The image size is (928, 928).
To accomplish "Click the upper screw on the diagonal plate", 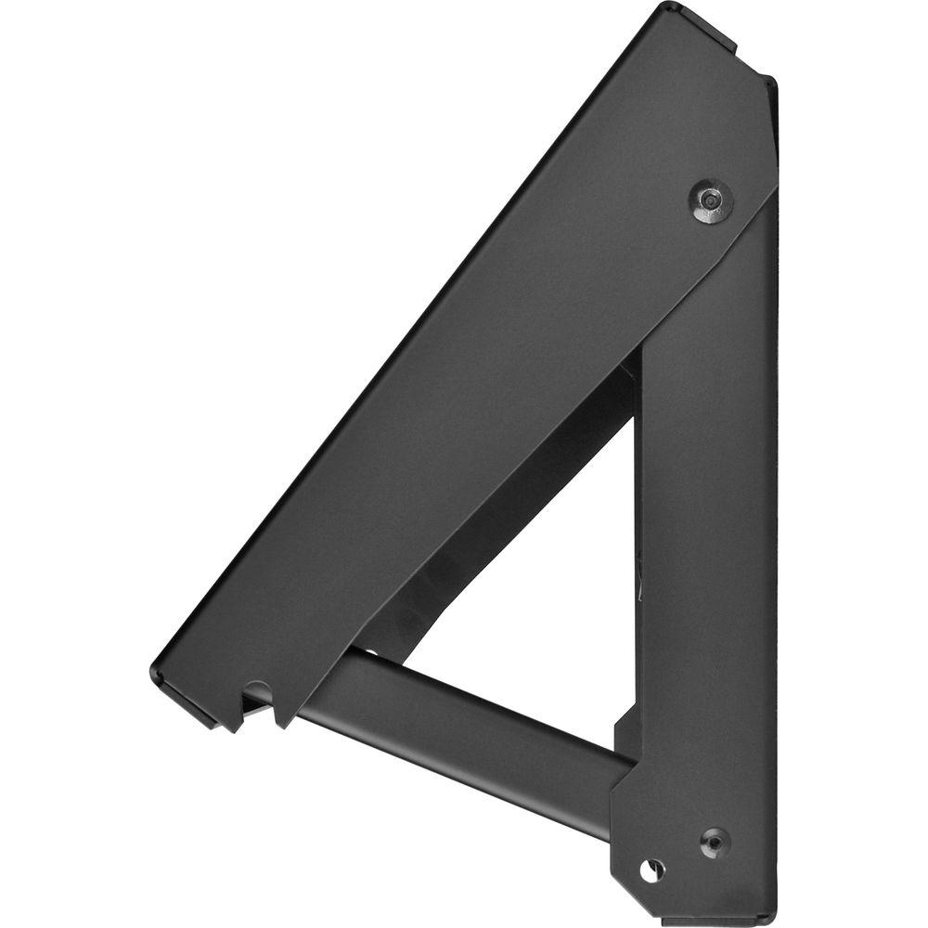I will coord(711,201).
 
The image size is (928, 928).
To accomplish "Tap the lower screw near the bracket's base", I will coord(714,842).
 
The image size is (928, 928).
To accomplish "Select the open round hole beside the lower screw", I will coord(652,870).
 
